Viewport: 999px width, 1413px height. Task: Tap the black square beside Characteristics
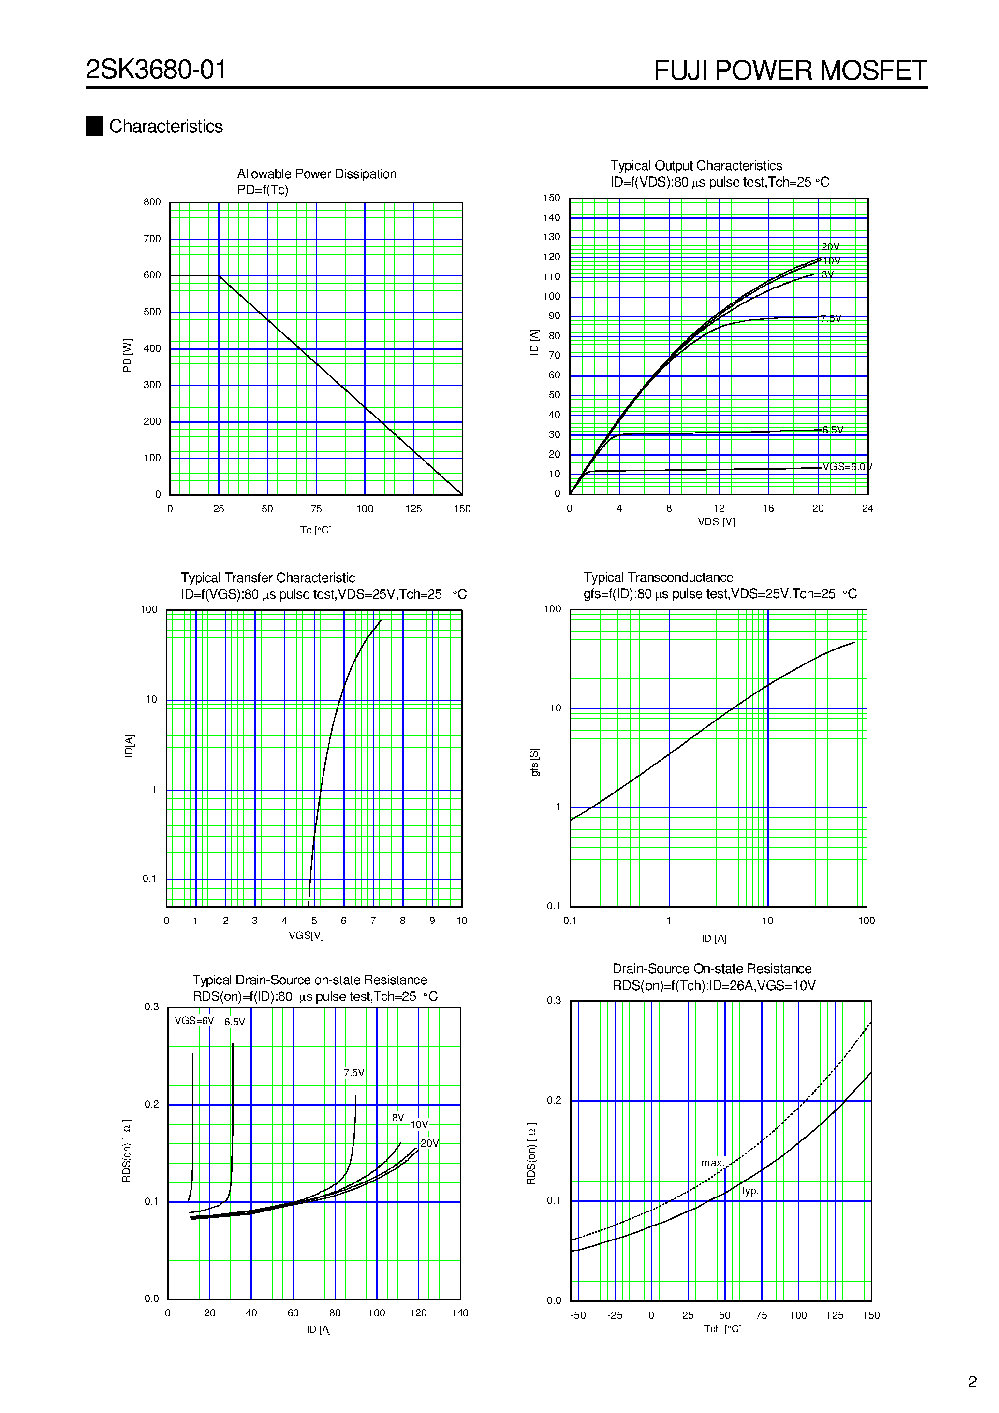coord(94,126)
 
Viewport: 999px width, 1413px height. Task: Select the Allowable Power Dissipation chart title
coord(317,174)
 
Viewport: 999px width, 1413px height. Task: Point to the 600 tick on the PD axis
coord(152,275)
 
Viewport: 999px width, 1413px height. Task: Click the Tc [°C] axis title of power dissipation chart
coord(316,530)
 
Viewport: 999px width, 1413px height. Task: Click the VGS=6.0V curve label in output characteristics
coord(847,467)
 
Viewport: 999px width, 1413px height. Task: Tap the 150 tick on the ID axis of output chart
coord(551,198)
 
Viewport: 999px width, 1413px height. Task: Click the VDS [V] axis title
coord(716,522)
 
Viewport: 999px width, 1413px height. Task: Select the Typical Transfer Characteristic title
coord(268,578)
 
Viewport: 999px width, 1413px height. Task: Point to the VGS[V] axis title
coord(306,936)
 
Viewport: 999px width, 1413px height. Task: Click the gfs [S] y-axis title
coord(535,762)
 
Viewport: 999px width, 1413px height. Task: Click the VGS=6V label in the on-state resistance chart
coord(194,1020)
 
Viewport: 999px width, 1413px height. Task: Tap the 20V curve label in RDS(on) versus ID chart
coord(429,1143)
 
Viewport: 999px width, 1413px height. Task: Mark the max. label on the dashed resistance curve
coord(712,1163)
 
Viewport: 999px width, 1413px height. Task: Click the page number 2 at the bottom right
coord(972,1382)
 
